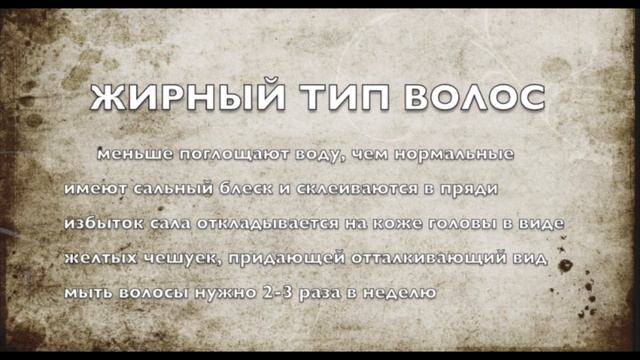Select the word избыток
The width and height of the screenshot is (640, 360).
[97, 224]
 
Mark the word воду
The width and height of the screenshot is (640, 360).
[316, 156]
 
